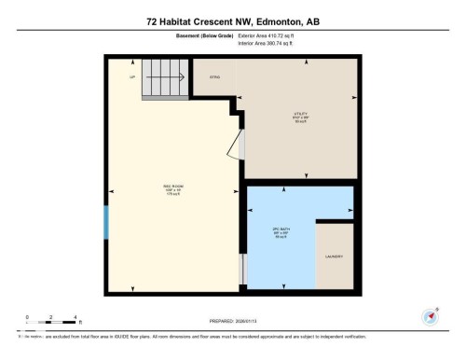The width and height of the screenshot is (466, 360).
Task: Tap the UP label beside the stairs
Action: click(x=131, y=78)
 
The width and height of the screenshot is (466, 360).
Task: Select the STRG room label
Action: click(x=213, y=76)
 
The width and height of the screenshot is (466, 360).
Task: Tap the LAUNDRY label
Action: click(x=335, y=256)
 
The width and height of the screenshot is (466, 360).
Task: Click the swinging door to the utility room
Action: click(x=240, y=145)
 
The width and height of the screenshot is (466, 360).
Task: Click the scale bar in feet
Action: click(x=50, y=323)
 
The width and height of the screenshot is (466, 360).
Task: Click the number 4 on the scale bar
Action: click(x=74, y=317)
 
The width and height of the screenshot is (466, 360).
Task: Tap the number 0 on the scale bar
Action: click(x=28, y=317)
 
